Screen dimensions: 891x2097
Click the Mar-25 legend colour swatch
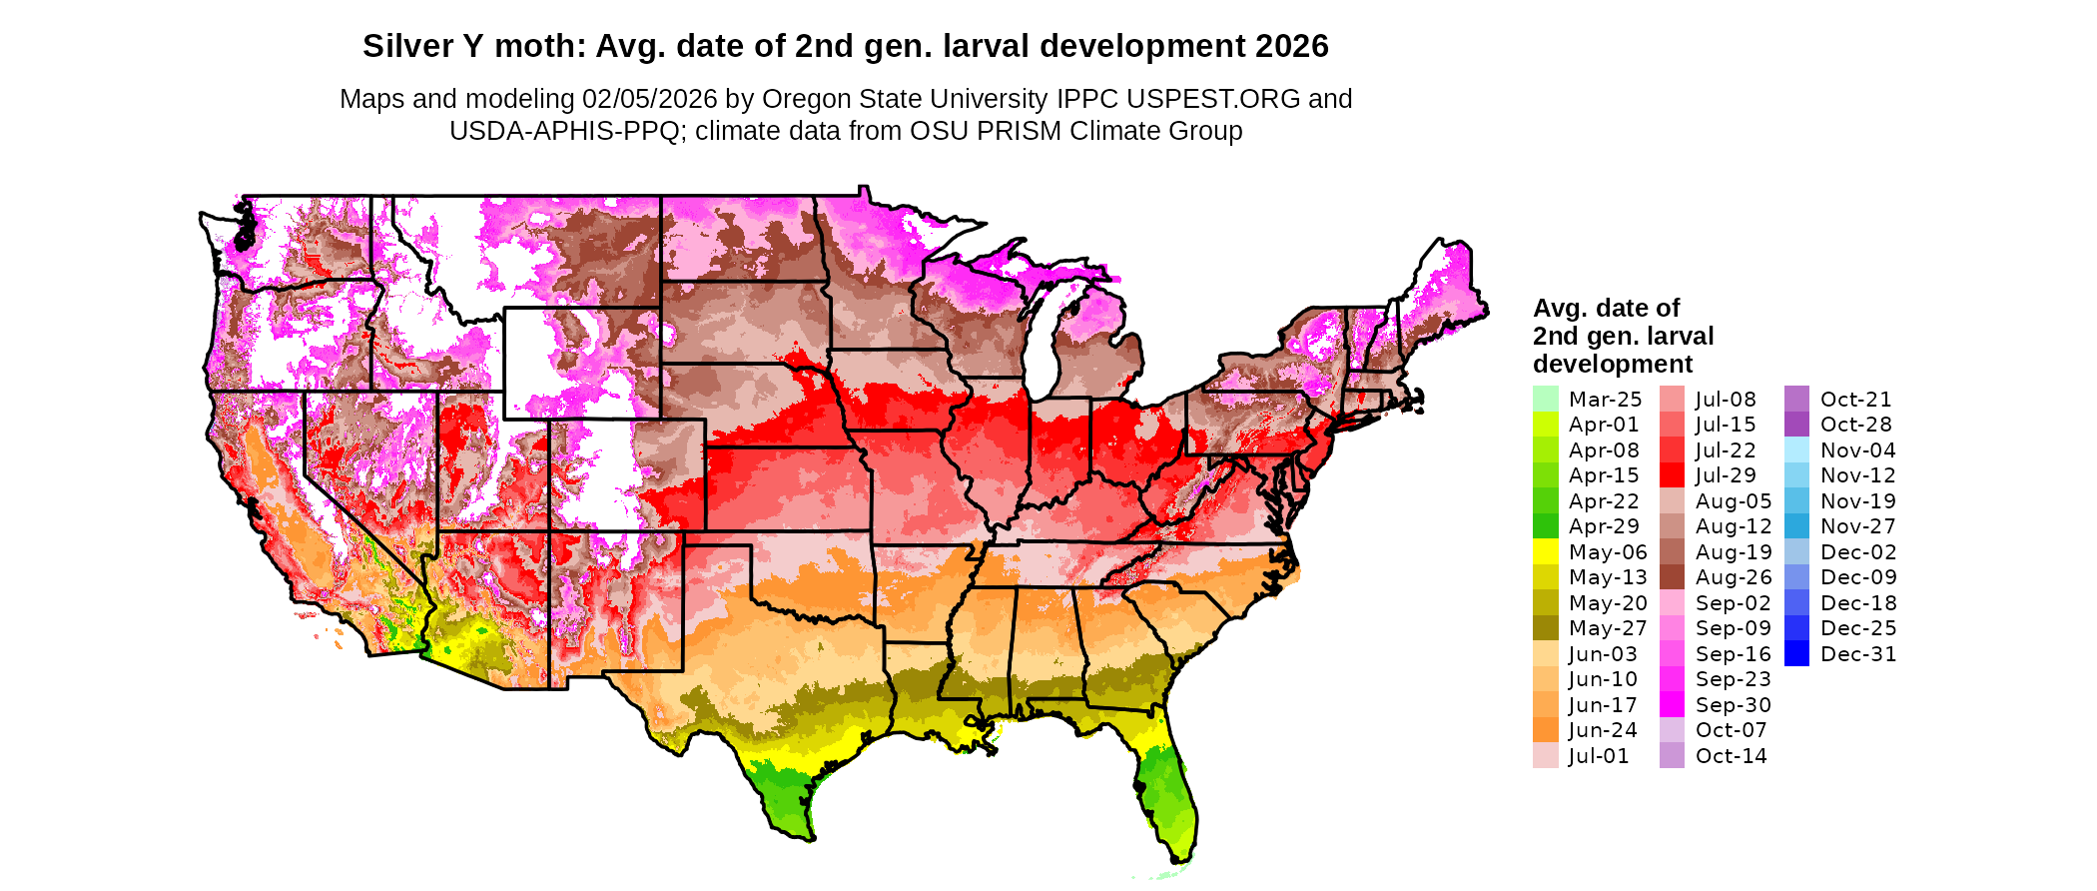(1545, 399)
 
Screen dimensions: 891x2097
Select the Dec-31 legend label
(1857, 654)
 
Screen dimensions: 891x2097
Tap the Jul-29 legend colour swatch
(1672, 475)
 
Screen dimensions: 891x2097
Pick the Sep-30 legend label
(1733, 705)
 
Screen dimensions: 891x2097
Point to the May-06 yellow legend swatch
(1545, 551)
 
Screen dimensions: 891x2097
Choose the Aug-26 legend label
(1733, 577)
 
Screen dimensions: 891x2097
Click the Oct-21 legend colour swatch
(1796, 399)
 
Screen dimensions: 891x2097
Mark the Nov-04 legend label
(1857, 450)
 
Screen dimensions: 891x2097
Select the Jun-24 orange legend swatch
(1545, 730)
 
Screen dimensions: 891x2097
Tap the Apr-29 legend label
(1604, 526)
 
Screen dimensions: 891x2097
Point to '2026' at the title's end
(1292, 46)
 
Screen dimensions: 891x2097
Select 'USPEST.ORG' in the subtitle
(1213, 99)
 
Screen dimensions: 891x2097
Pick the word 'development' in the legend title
(1613, 364)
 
